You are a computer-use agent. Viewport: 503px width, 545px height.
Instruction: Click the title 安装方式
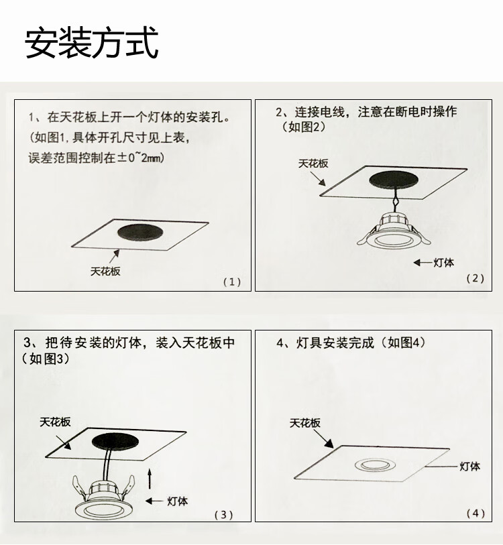[91, 43]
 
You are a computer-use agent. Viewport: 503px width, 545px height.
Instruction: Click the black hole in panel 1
[140, 232]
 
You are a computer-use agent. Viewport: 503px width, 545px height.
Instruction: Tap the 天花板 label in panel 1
[105, 271]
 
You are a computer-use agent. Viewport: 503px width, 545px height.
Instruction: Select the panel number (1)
[232, 282]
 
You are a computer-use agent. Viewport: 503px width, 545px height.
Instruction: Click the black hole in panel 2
[394, 179]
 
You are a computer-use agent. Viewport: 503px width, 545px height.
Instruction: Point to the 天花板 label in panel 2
[313, 164]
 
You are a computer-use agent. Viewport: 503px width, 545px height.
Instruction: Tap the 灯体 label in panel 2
[443, 263]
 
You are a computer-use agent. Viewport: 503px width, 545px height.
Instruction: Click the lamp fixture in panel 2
[394, 231]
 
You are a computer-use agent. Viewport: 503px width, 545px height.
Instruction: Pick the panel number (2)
[476, 278]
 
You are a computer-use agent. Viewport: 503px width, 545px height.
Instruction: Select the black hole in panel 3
[115, 441]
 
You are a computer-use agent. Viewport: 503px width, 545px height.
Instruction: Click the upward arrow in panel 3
[150, 478]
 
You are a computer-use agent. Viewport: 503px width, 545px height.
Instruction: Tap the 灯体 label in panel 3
[178, 501]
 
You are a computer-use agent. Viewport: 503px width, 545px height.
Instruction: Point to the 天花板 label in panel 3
[55, 422]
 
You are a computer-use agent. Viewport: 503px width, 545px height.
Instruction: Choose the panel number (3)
[223, 514]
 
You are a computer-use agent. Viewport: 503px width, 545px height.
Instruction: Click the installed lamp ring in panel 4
[376, 465]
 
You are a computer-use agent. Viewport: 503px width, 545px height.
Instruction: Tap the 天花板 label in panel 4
[305, 423]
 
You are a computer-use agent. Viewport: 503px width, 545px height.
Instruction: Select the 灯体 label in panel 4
[470, 467]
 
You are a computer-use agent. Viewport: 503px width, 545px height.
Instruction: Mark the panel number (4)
[476, 513]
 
